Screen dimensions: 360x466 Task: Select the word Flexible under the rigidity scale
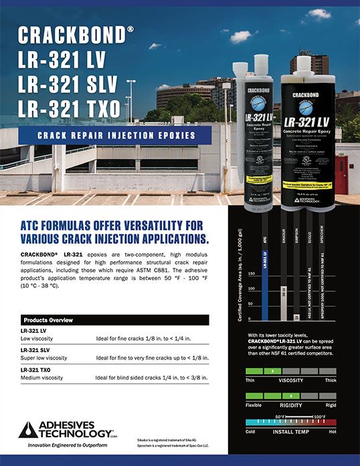[x=254, y=405]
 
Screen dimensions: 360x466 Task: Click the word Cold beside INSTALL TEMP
[x=251, y=432]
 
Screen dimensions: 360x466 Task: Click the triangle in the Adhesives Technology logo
[x=28, y=429]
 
